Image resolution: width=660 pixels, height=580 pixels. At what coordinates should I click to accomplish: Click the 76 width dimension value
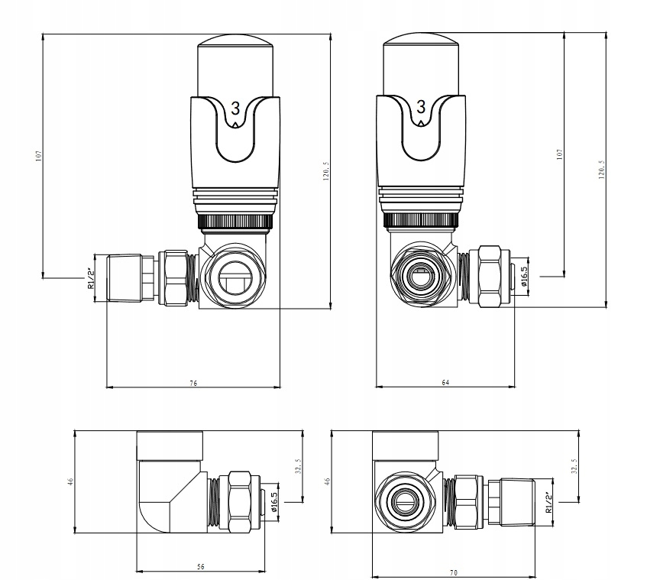[193, 382]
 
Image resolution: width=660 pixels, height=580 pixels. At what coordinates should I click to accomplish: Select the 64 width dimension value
[445, 382]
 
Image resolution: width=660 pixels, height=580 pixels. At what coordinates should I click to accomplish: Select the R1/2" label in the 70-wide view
[548, 501]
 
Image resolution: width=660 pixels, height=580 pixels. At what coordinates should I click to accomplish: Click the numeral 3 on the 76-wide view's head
[235, 108]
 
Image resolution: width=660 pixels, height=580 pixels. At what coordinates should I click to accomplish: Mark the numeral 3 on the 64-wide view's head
[420, 108]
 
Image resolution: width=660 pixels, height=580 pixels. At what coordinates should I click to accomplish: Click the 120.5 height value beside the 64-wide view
[601, 171]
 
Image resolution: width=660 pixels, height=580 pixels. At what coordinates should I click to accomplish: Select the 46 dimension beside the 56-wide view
[70, 481]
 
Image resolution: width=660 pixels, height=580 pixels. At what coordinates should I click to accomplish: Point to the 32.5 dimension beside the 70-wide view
[573, 465]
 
